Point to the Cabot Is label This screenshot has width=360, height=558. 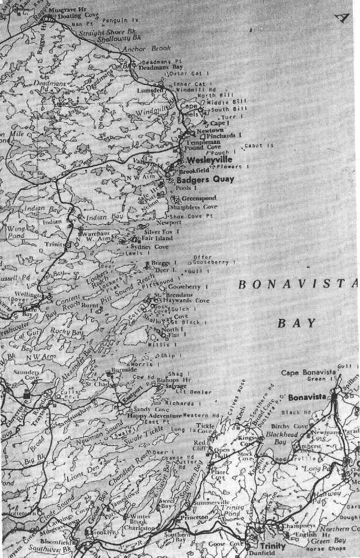coord(259,145)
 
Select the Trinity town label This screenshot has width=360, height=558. coord(272,546)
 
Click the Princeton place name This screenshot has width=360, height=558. coord(194,516)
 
